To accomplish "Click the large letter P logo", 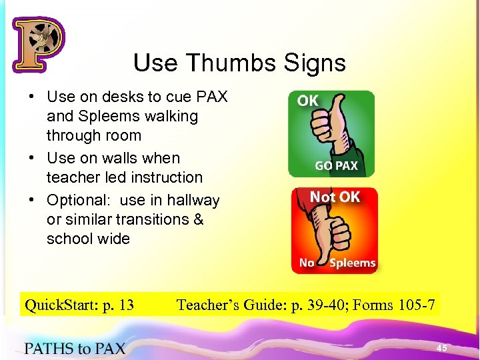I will (x=38, y=45).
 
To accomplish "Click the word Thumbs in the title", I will (x=233, y=63).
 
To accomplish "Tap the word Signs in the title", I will (x=314, y=63).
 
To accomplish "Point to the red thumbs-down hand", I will (x=331, y=230).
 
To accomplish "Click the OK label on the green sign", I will (x=308, y=101).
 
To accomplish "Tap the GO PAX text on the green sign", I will (x=336, y=165).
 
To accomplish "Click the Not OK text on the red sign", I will (x=335, y=197).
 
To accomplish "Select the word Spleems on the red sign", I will (x=353, y=263).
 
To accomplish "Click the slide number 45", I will (x=441, y=348).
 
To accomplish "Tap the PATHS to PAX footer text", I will (x=75, y=347).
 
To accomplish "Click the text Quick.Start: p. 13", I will (x=79, y=305).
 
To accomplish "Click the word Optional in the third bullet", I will (x=74, y=200).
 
